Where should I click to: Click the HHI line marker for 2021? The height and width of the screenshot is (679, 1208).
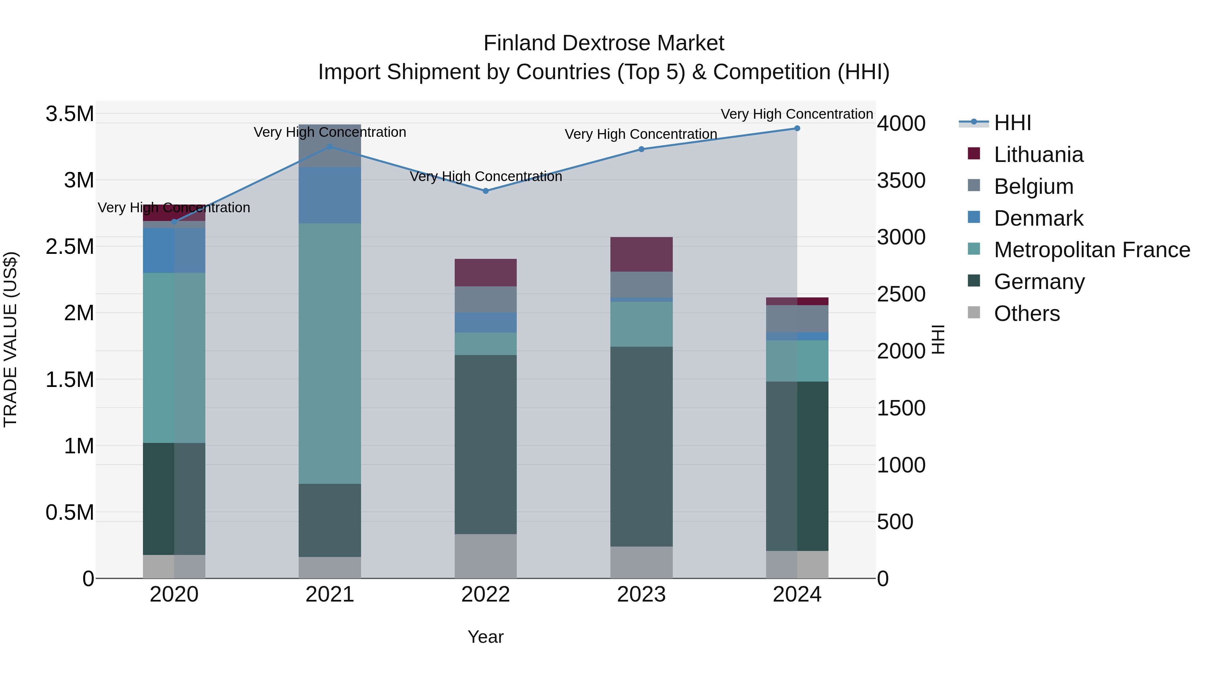[330, 147]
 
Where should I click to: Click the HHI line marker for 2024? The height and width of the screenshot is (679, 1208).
[797, 128]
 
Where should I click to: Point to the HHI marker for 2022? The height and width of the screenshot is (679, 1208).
[485, 191]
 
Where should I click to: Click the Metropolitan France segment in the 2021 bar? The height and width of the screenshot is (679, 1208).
[330, 353]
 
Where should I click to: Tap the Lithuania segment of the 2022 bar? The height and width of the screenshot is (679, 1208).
[485, 272]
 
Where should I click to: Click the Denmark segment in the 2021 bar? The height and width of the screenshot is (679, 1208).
[330, 195]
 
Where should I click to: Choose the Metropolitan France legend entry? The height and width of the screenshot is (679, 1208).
[1091, 250]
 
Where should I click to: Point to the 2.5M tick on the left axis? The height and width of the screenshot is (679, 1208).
[69, 246]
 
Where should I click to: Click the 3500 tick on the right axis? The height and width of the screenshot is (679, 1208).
[901, 180]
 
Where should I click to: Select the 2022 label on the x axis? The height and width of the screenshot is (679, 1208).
[485, 595]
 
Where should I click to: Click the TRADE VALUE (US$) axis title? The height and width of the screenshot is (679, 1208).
[10, 339]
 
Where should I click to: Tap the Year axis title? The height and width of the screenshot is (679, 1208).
[485, 637]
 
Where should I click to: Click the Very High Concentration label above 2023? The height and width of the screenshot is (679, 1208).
[641, 134]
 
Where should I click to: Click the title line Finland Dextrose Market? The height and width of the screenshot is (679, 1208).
[604, 43]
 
